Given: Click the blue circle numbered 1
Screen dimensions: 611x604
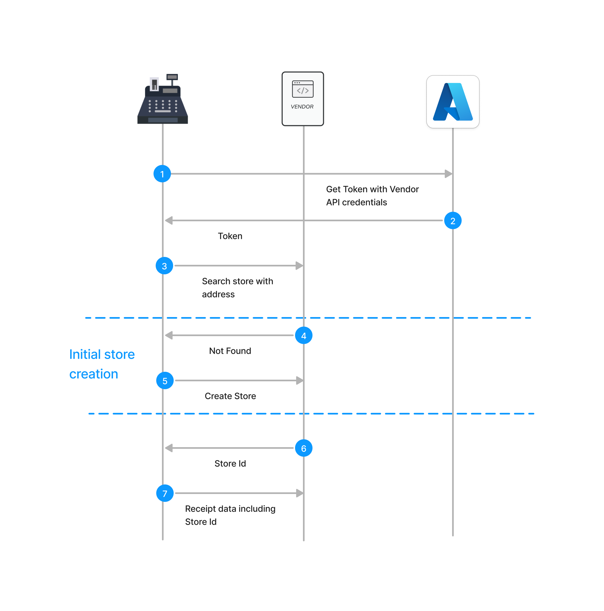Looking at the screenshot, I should (x=162, y=174).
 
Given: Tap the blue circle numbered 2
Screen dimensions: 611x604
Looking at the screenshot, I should (x=453, y=220).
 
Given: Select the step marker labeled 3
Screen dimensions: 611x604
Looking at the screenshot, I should (x=164, y=266).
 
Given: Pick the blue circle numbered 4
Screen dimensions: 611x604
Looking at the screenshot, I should (x=303, y=335).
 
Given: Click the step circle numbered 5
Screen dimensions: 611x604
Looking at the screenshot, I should (x=165, y=380).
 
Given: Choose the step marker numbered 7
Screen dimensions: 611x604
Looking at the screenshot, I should (x=165, y=493).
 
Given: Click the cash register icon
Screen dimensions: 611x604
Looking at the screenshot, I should (x=163, y=100).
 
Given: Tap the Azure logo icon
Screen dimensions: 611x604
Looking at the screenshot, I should (x=453, y=102).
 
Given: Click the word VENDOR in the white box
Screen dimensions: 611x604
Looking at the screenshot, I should (x=302, y=107).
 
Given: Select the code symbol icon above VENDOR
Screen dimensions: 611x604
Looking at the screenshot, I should (x=303, y=89).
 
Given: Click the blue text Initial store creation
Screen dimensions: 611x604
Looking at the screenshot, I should (x=102, y=364).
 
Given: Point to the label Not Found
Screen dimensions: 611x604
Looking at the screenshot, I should (x=230, y=351).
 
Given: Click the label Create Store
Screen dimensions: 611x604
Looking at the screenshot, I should (x=230, y=396).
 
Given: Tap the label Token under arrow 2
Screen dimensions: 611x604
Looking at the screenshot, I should (x=230, y=236).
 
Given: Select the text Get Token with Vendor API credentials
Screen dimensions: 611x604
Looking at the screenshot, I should (x=372, y=195).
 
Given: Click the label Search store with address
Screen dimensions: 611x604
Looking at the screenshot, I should (x=237, y=287).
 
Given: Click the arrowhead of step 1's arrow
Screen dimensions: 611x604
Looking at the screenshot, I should (x=448, y=174).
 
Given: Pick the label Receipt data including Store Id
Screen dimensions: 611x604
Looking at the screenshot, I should (x=230, y=515).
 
